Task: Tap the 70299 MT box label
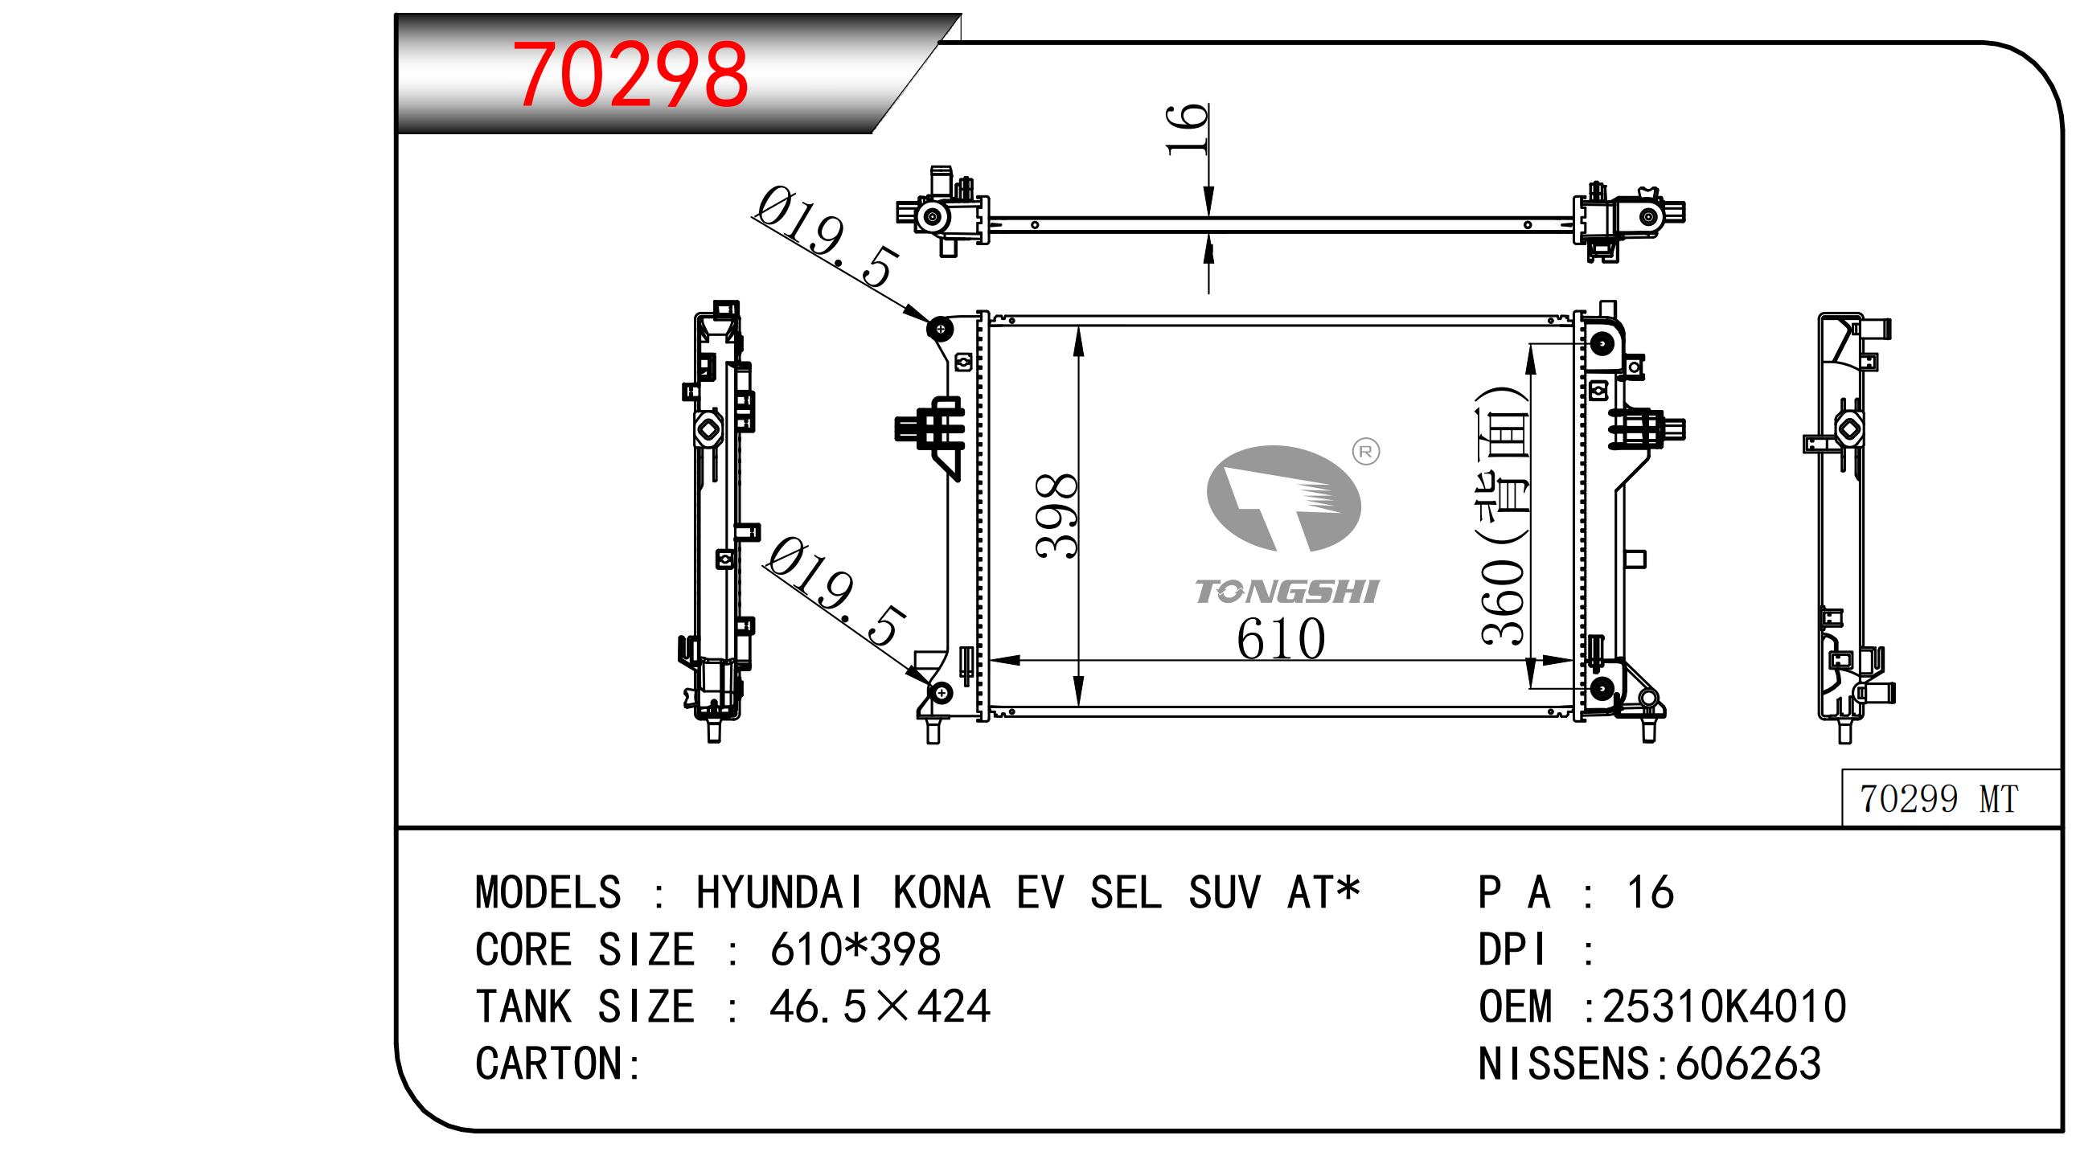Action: [1939, 798]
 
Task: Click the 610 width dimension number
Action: [1281, 638]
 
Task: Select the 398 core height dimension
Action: [1056, 515]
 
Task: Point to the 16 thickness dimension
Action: [1187, 128]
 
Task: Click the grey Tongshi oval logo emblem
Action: [1283, 498]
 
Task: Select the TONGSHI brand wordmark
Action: [1287, 592]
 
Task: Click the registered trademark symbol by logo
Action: [1365, 452]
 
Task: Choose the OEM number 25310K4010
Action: [1724, 1006]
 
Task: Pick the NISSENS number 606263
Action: [1748, 1064]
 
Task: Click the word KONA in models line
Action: [942, 892]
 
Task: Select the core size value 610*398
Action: [855, 949]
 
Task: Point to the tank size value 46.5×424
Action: [880, 1006]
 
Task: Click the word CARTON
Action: [548, 1064]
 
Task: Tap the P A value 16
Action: [1651, 892]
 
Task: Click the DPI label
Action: [1512, 949]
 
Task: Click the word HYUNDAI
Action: [780, 892]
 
